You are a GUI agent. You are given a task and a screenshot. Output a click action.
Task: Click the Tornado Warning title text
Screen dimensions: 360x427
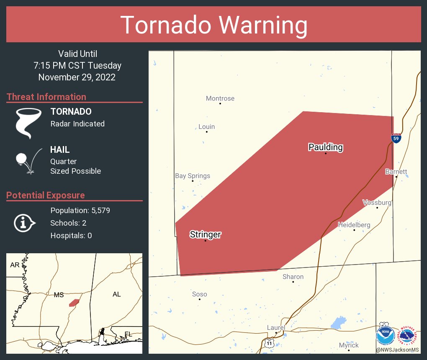click(213, 25)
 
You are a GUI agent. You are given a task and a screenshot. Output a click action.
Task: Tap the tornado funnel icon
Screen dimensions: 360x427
click(28, 123)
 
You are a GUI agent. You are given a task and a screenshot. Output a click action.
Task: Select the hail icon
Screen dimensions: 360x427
click(28, 160)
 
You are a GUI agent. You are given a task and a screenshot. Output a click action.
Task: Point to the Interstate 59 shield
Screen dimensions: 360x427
click(396, 138)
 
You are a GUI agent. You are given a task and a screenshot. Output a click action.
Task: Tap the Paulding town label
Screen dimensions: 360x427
click(325, 147)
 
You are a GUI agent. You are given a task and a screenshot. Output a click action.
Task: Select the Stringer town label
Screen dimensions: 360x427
click(205, 234)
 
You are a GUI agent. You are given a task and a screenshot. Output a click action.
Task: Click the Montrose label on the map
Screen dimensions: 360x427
click(220, 98)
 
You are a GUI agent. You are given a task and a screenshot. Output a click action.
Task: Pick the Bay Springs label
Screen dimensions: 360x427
click(193, 176)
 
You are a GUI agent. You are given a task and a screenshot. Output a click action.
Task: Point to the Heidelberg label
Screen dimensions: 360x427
click(354, 225)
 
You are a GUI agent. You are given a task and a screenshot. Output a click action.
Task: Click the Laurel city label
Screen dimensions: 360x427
click(276, 327)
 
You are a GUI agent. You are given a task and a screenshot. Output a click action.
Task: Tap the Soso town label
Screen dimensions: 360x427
click(200, 294)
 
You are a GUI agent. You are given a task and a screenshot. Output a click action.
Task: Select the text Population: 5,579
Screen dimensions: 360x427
click(80, 211)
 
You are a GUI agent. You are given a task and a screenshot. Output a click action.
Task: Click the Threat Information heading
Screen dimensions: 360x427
click(46, 97)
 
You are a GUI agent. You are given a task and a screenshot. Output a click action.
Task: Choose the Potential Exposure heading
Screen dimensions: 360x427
click(46, 195)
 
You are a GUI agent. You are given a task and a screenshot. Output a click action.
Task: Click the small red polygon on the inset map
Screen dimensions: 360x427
click(74, 303)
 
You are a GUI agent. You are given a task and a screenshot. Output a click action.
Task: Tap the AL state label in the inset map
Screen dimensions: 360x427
click(116, 294)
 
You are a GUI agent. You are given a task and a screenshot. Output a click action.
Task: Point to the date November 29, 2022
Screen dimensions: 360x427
click(77, 77)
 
